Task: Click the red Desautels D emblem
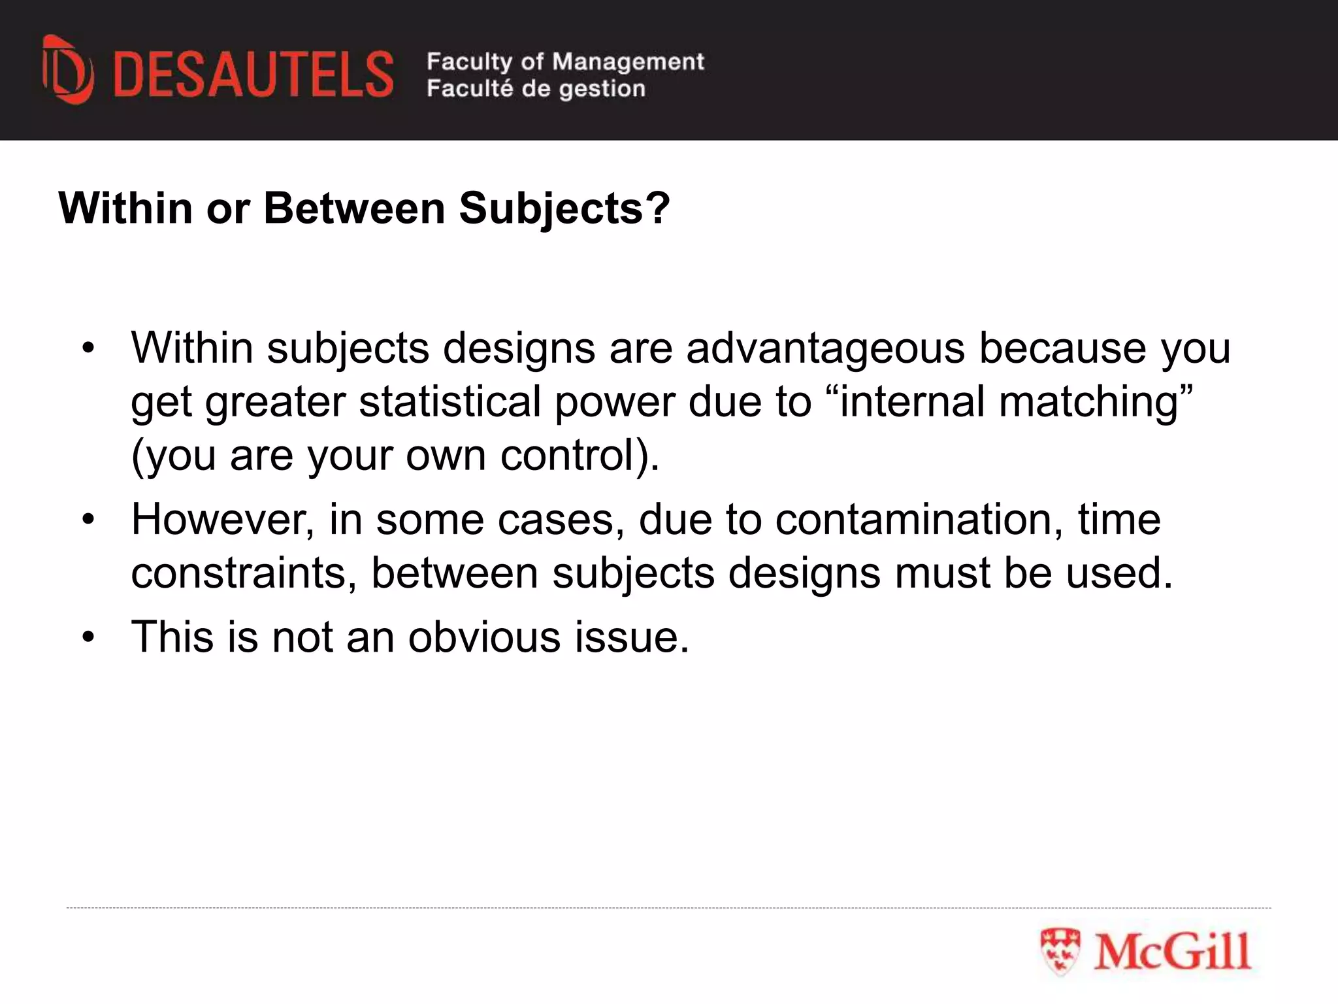pos(68,71)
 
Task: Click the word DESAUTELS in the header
pos(253,75)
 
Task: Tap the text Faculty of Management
pos(565,61)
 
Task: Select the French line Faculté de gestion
pos(536,88)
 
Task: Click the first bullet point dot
pos(89,348)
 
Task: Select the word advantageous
pos(825,348)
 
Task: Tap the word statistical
pos(450,401)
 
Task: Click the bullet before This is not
pos(89,637)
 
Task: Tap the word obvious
pos(484,637)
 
